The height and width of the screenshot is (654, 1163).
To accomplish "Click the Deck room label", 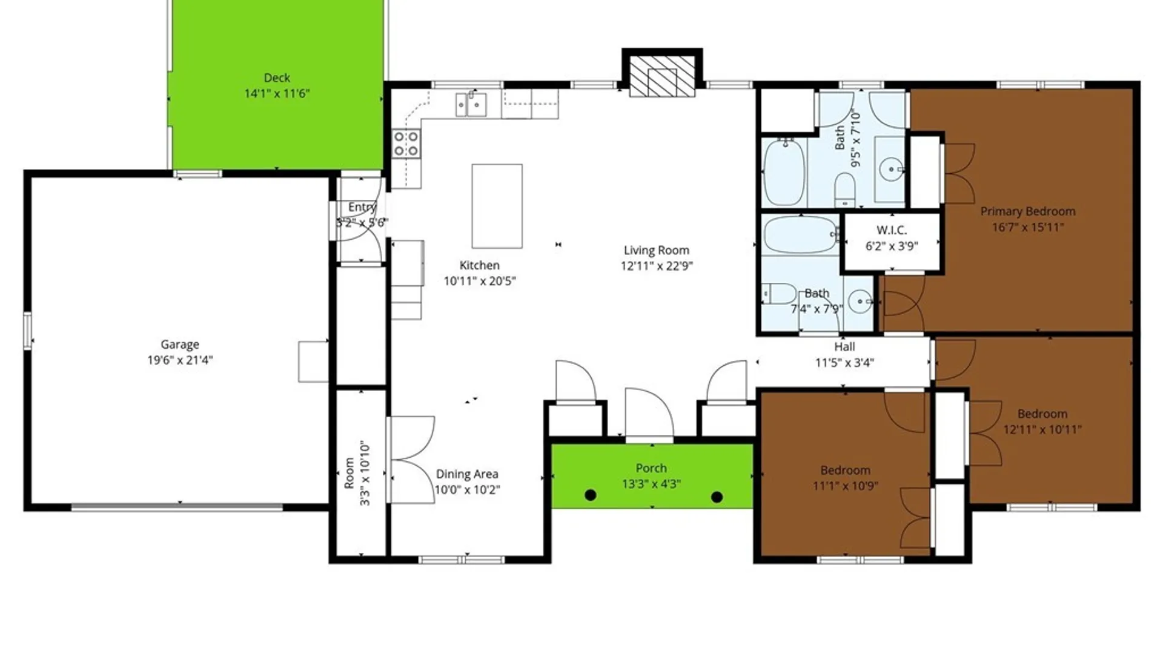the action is click(277, 78).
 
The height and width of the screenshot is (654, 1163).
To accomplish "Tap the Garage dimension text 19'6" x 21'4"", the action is click(180, 360).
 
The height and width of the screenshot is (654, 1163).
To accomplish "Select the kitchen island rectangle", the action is click(497, 206).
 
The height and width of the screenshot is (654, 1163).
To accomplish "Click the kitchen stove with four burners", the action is click(406, 144).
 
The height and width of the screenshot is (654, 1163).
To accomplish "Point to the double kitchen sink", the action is click(471, 104).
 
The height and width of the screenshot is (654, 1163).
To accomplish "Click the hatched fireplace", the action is click(662, 76).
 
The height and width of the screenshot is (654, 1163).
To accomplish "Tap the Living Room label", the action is click(657, 250).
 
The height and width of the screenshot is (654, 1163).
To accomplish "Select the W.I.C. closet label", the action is click(892, 230).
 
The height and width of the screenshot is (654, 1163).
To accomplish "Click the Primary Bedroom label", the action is click(1028, 211).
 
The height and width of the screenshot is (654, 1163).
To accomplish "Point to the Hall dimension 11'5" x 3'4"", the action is click(844, 363).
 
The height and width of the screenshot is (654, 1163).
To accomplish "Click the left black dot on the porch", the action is click(591, 495).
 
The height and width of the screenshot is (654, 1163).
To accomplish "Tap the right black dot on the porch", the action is click(717, 497).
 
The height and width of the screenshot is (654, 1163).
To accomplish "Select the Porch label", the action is click(651, 468).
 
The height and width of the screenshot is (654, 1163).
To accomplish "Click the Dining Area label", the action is click(467, 474).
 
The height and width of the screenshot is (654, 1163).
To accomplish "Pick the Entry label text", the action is click(362, 207).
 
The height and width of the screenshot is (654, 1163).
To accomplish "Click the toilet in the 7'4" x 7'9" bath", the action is click(780, 294).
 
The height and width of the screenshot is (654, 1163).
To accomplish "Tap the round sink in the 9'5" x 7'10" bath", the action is click(891, 169).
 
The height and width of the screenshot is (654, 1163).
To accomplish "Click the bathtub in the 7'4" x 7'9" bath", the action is click(801, 234).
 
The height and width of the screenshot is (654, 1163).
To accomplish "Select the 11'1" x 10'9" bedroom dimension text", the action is click(846, 486).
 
